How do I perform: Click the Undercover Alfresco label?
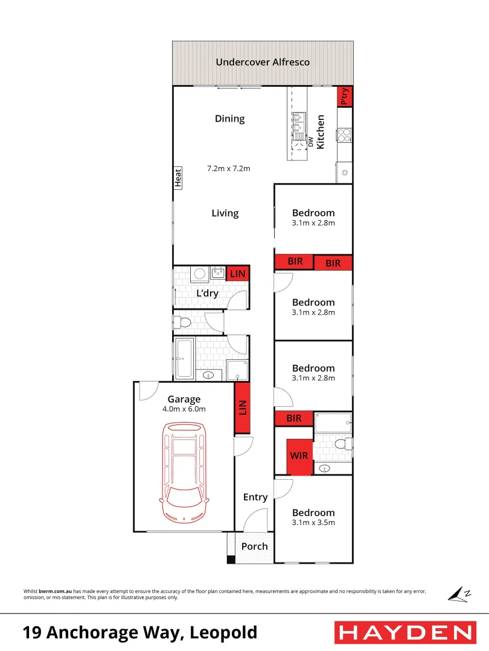[x=263, y=62]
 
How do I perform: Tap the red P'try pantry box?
[x=345, y=96]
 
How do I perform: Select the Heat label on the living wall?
[x=178, y=177]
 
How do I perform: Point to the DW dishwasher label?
[x=310, y=142]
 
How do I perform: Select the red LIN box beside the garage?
[x=242, y=407]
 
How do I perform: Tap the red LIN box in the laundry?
[x=238, y=274]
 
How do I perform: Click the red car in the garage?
[x=184, y=470]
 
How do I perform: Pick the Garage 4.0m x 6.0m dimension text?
[x=184, y=409]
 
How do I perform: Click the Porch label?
[x=254, y=547]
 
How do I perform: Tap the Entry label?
[x=255, y=497]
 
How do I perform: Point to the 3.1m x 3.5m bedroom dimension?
[x=313, y=523]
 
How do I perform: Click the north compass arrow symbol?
[x=459, y=594]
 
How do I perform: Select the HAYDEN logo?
[x=404, y=632]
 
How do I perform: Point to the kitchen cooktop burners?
[x=344, y=136]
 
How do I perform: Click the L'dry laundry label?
[x=207, y=294]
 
